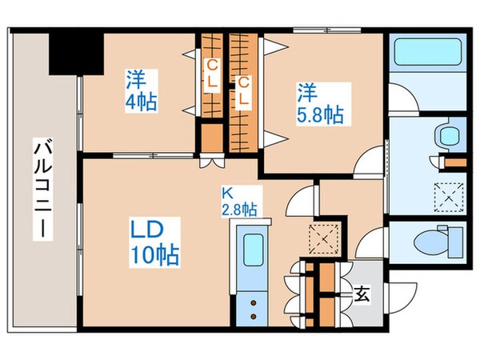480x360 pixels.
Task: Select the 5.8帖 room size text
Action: point(321,114)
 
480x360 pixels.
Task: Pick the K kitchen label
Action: point(227,193)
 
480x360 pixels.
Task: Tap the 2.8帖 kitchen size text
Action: point(238,210)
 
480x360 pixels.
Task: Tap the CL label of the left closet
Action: point(212,74)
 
